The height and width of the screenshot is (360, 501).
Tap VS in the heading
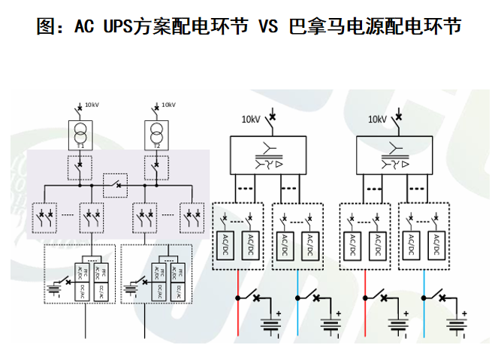(268, 27)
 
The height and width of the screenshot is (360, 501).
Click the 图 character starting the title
(46, 27)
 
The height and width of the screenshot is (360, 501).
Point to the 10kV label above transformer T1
(92, 104)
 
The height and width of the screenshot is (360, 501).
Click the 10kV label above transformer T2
(168, 104)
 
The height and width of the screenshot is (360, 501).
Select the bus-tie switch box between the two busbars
(116, 183)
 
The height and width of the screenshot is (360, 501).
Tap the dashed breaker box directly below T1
(80, 166)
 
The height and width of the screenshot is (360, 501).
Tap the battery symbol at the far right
(454, 324)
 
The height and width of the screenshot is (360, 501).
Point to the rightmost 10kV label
(376, 119)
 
